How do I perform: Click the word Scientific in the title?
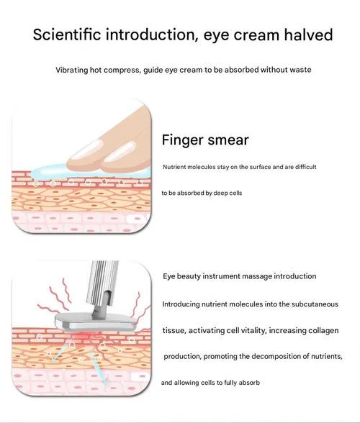coord(67,35)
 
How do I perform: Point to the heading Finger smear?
coord(205,140)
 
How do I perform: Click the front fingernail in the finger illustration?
coord(120,153)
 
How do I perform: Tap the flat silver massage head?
coord(96,321)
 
